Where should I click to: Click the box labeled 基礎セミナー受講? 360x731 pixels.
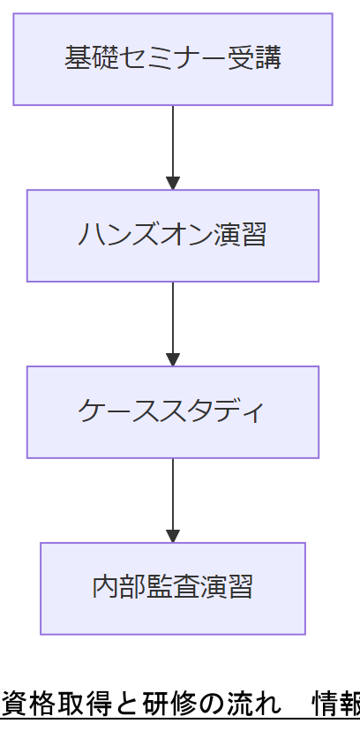(173, 59)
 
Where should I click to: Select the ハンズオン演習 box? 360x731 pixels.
(173, 236)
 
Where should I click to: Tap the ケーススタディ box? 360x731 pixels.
(173, 412)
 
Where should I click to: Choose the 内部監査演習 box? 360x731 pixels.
(173, 588)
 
